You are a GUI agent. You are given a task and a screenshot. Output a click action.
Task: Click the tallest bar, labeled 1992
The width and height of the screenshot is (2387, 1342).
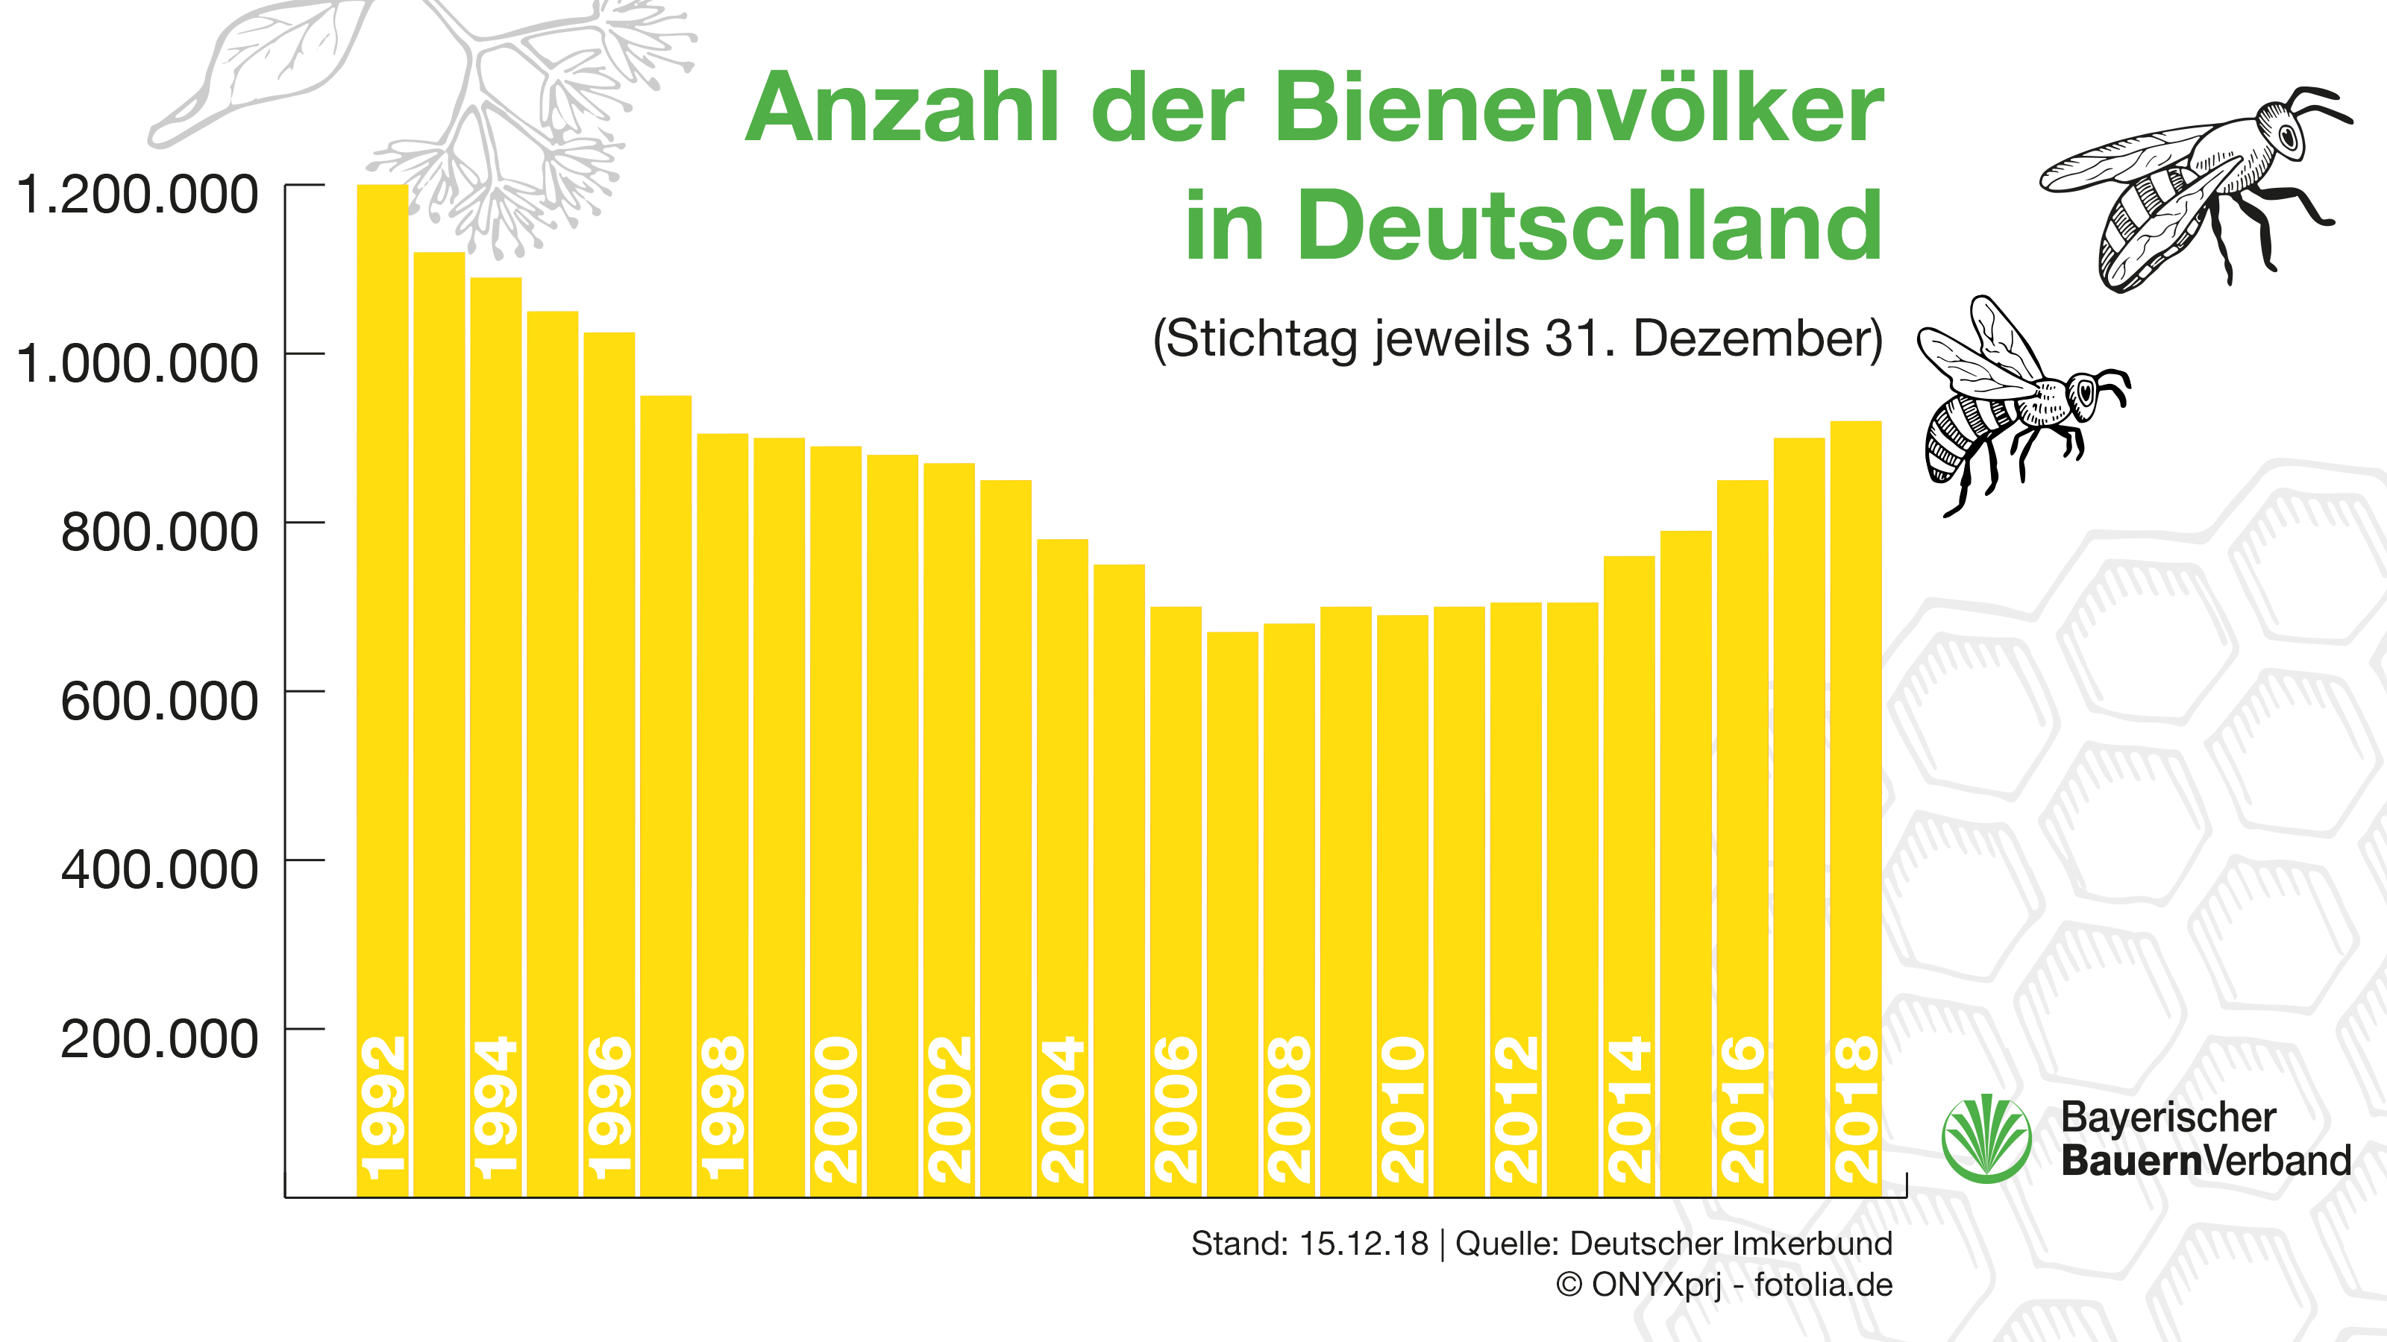[x=382, y=649]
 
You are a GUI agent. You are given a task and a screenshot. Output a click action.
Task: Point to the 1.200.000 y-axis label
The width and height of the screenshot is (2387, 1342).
[x=137, y=195]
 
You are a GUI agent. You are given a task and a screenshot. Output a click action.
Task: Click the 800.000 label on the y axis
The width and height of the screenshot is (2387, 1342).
[x=160, y=532]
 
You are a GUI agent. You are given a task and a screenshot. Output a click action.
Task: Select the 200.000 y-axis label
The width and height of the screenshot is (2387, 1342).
[x=160, y=1039]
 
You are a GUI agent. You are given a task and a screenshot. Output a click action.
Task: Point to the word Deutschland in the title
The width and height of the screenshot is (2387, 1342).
[x=1589, y=226]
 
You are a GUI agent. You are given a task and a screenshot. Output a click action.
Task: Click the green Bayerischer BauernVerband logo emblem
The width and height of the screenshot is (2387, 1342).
[x=1986, y=1138]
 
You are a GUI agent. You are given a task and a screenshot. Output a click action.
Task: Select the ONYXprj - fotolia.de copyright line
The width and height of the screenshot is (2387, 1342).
[x=1724, y=1285]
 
